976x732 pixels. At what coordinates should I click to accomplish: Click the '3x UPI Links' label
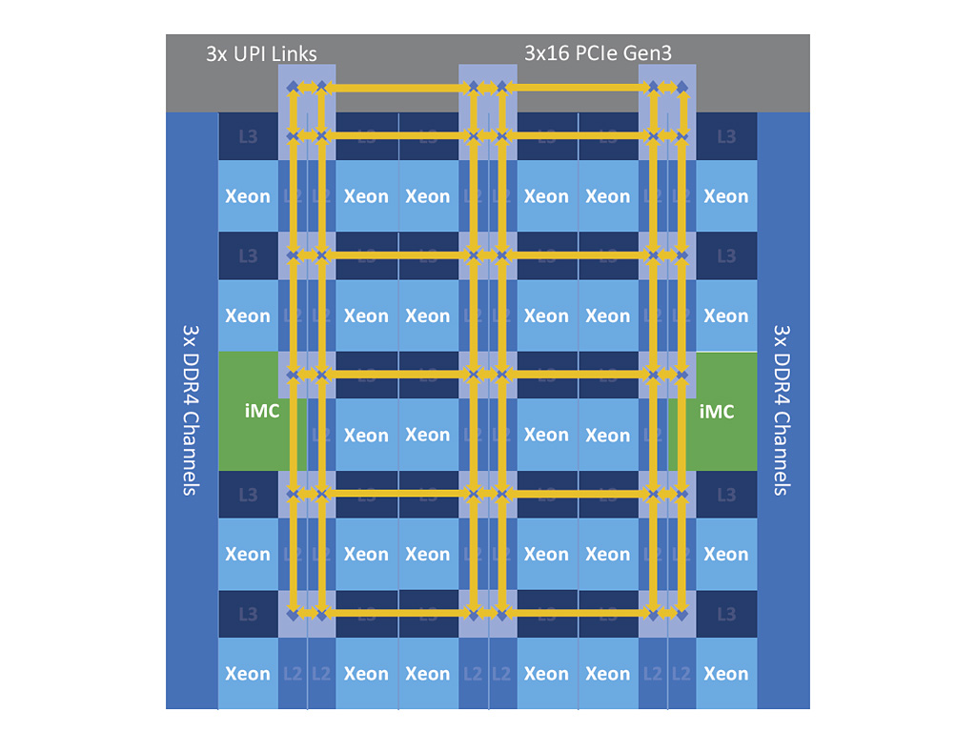point(261,53)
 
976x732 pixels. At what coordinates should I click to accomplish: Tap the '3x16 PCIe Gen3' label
point(598,53)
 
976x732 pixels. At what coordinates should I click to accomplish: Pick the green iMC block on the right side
point(717,411)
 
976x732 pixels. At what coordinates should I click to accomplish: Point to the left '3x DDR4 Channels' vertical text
point(191,410)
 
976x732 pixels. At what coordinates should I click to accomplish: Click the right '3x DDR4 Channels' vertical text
point(783,410)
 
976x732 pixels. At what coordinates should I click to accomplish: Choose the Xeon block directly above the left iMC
point(248,315)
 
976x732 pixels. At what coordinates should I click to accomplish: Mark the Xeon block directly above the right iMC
point(726,315)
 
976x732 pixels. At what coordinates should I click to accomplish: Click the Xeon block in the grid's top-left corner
point(248,196)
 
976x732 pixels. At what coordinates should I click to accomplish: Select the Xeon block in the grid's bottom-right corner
point(726,674)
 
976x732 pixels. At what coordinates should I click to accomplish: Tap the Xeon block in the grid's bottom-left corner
point(248,674)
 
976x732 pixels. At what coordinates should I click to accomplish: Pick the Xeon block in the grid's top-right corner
point(726,196)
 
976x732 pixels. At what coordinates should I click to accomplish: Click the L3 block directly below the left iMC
point(248,495)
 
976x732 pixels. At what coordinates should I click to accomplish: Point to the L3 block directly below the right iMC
point(726,495)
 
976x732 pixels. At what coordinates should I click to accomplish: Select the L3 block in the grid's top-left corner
point(248,136)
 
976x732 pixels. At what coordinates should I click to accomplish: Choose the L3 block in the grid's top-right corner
point(726,136)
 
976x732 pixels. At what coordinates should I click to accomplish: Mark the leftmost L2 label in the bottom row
point(293,674)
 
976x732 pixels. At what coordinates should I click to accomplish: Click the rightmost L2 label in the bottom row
point(681,674)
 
